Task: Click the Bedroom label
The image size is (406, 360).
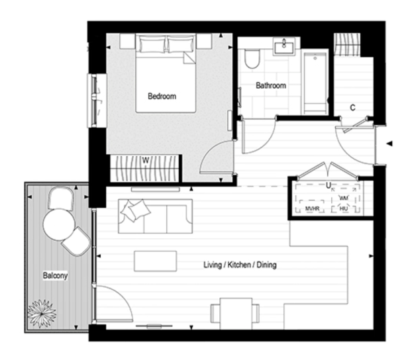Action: [162, 97]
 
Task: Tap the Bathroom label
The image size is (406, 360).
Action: [271, 86]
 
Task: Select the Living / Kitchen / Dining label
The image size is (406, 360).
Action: [240, 265]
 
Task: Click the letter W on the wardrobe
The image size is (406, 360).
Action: [146, 159]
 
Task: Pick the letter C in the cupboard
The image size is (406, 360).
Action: [352, 108]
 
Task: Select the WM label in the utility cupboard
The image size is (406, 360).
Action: [343, 198]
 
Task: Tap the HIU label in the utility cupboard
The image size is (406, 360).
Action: [343, 209]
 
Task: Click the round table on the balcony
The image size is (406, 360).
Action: [58, 224]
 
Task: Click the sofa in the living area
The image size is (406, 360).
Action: [155, 216]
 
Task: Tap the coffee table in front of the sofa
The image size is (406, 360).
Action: [155, 261]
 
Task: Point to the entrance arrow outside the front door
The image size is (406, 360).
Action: [387, 142]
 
